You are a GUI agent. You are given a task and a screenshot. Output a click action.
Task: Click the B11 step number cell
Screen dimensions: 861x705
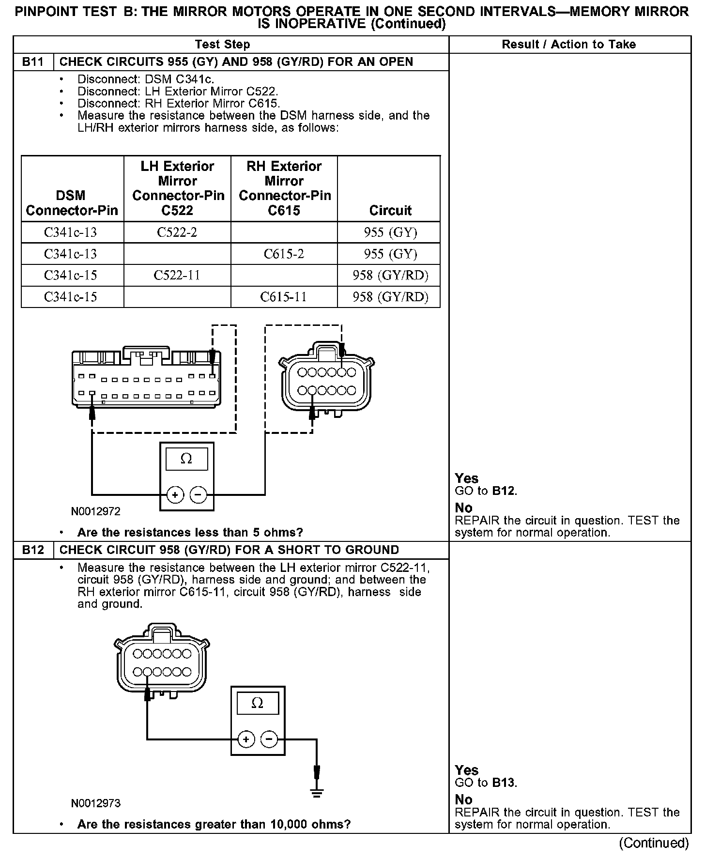coord(33,62)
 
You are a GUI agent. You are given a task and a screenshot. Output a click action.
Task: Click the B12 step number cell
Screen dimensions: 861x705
coord(33,550)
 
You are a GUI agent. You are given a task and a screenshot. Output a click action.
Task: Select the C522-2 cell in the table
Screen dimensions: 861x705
coord(177,232)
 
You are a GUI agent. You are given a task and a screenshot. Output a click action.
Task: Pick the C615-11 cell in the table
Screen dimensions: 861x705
coord(284,297)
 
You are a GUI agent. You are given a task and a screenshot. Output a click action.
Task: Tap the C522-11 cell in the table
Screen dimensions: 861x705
coord(177,276)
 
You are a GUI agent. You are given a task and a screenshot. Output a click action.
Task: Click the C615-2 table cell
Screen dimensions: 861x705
coord(284,254)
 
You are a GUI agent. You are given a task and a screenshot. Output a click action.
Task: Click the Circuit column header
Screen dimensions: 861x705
coord(390,210)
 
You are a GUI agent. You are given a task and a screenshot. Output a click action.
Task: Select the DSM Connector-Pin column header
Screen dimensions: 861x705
coord(72,203)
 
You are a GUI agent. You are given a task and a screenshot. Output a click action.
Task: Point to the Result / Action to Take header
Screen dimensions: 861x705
coord(568,45)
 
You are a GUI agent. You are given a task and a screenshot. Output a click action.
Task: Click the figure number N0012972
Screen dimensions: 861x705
coord(96,511)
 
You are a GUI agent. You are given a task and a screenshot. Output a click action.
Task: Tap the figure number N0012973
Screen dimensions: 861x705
coord(96,803)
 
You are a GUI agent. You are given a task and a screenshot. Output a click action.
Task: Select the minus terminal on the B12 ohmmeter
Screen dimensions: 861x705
coord(269,739)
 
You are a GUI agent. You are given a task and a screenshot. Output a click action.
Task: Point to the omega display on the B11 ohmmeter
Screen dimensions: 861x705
coord(186,459)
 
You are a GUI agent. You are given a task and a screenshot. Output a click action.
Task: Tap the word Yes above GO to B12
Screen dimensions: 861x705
coord(466,478)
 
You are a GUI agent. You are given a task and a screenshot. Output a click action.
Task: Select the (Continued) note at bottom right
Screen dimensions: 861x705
coord(654,843)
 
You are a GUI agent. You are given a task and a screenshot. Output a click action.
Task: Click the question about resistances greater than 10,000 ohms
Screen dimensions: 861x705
coord(214,824)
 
